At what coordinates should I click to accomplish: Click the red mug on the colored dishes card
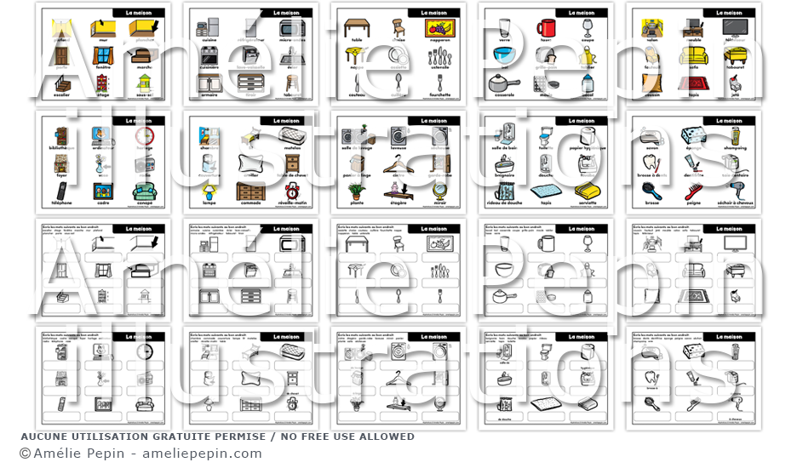tap(546, 28)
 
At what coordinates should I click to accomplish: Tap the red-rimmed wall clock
tap(145, 136)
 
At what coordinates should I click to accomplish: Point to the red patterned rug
tap(692, 83)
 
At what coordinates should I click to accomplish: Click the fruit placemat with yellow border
tap(439, 28)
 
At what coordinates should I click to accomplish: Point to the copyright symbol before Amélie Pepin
tap(25, 454)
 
